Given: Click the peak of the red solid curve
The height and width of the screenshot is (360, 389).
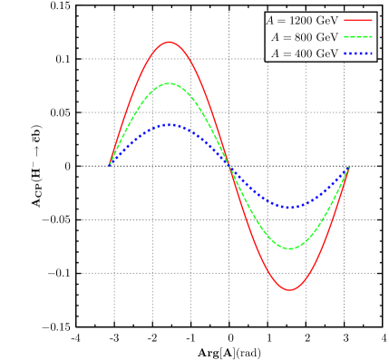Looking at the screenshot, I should pos(169,42).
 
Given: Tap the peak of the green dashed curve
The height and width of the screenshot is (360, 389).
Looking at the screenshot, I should pos(169,83).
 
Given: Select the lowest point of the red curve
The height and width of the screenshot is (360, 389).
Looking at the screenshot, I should pos(290,290).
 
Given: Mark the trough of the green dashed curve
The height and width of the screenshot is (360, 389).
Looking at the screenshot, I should pos(290,248).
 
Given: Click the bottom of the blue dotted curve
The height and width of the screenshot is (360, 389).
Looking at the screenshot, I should pos(290,208).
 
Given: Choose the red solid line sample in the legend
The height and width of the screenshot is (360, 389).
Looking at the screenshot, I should pos(358,20).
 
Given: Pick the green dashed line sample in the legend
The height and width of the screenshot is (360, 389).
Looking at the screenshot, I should pos(358,37).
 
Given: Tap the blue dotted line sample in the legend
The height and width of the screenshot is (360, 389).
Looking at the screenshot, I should pos(358,54).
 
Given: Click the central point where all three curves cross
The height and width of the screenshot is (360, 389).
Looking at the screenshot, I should pos(229,166).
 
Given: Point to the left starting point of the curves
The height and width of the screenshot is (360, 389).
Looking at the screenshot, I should pos(110,165).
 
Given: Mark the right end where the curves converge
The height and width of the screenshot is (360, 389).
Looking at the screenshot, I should pos(350,167).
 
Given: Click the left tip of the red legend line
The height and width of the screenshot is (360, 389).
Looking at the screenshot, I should pos(345,20).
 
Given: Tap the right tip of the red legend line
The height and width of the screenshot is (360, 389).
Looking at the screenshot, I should pos(372,20).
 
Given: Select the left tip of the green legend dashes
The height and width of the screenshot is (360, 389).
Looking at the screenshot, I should pos(345,37).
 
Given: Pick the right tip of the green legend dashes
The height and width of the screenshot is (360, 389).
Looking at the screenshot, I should pos(372,37).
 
